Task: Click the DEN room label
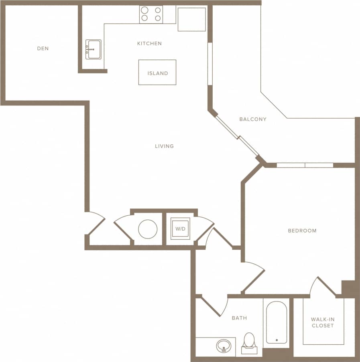click(43, 49)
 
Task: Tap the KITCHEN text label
click(149, 43)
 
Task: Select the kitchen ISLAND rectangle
click(157, 73)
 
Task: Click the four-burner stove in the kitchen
click(151, 14)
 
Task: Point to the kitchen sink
click(94, 49)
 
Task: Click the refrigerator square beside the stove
click(191, 19)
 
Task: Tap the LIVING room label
click(165, 146)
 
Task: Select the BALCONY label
click(253, 119)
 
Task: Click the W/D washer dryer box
click(180, 229)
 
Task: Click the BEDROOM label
click(302, 231)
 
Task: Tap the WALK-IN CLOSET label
click(323, 323)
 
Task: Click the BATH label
click(239, 318)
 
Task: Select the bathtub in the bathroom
click(277, 322)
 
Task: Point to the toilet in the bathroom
click(249, 341)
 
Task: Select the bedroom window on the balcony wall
click(305, 165)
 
